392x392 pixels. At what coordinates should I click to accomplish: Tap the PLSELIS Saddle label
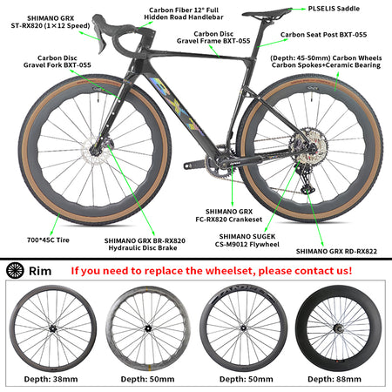coord(334,9)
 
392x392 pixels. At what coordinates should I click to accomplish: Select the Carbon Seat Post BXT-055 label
coord(323,35)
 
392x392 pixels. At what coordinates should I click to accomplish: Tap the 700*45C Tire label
coord(48,240)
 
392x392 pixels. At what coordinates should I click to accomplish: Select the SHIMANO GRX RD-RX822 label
coord(336,252)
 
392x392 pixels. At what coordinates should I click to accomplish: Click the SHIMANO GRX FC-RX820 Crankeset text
coord(229,215)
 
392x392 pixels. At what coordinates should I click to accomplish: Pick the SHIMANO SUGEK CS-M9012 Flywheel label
coord(247,240)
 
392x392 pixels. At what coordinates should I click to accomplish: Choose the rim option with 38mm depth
coord(53,328)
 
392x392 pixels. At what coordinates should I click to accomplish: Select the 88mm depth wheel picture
coord(339,328)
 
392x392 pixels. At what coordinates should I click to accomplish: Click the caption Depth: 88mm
coord(335,379)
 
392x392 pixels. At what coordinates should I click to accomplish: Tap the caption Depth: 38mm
coord(51,379)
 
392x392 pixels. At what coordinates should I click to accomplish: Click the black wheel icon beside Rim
coord(15,271)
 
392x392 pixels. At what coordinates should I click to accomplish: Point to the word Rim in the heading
coord(40,271)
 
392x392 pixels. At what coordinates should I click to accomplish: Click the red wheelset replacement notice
coord(212,271)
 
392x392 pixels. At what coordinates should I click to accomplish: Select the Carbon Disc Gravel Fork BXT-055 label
coord(57,62)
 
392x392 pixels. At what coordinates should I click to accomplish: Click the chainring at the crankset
coord(219,163)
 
